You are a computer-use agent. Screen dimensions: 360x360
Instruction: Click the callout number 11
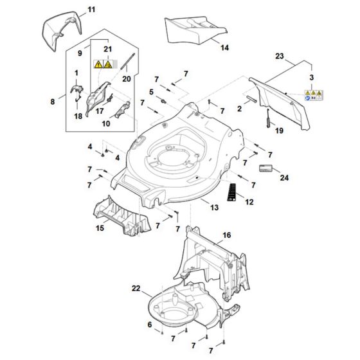tap(90, 10)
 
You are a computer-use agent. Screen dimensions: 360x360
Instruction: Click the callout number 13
tap(214, 207)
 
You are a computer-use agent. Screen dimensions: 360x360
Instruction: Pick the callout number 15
tap(100, 228)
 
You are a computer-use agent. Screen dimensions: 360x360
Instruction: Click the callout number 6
tap(150, 325)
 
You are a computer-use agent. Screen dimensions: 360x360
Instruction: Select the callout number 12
tap(249, 202)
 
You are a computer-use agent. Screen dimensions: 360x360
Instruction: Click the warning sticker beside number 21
tap(104, 64)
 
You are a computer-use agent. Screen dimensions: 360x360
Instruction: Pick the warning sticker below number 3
tap(314, 97)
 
